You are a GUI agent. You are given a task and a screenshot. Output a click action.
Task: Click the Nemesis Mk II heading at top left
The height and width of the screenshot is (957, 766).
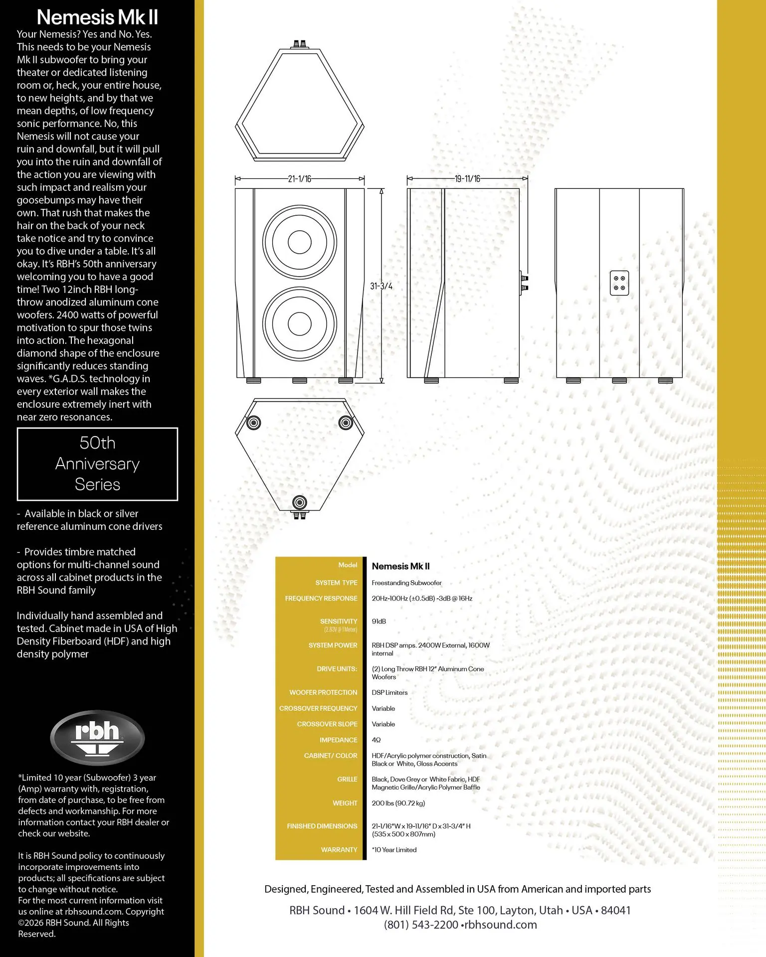[97, 17]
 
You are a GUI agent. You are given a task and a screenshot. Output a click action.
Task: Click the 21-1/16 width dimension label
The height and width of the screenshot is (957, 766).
[300, 179]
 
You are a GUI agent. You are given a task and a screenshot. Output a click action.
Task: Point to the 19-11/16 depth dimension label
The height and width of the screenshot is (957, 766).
[467, 179]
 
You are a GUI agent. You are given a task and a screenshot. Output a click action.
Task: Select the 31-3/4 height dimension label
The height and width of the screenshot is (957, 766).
[381, 286]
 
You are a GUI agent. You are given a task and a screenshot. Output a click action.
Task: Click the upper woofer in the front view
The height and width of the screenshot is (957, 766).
[300, 242]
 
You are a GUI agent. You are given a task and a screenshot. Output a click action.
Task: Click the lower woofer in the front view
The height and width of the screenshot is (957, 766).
[300, 323]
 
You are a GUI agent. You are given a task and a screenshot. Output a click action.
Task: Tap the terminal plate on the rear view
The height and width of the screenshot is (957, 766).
[619, 283]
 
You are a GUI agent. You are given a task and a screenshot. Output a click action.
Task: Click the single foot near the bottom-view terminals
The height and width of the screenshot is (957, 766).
[300, 501]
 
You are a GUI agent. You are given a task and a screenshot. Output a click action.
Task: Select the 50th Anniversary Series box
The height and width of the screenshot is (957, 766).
[97, 464]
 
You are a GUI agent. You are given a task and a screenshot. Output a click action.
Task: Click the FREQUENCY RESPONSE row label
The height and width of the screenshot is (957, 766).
[321, 598]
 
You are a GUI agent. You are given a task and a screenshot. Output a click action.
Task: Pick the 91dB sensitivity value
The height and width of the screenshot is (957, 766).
[379, 622]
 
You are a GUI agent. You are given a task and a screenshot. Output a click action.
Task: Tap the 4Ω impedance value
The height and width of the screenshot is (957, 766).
[377, 740]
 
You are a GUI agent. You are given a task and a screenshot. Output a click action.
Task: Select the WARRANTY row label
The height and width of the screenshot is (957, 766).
[339, 850]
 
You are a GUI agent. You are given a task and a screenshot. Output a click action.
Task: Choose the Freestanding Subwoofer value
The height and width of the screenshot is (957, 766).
[406, 583]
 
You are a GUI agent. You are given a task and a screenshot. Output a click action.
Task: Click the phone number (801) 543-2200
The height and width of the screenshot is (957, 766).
[421, 925]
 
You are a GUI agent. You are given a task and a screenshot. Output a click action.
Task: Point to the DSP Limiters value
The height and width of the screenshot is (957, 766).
[389, 693]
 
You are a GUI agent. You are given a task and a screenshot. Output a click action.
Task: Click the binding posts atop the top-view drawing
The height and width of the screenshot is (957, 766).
[300, 44]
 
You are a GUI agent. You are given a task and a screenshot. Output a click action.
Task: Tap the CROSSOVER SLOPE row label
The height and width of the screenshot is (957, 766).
[327, 724]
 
